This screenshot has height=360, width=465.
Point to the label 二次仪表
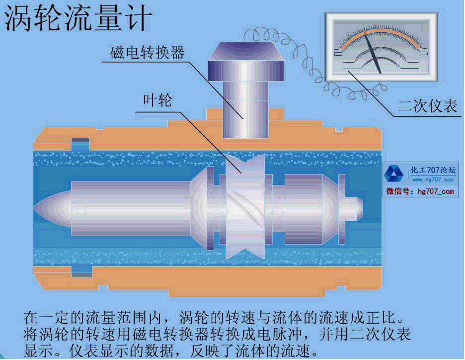point(427,106)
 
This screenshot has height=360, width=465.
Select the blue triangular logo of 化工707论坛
point(395,174)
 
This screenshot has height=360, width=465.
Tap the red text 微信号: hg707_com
point(420,191)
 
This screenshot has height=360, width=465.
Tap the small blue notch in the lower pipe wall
point(81,272)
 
